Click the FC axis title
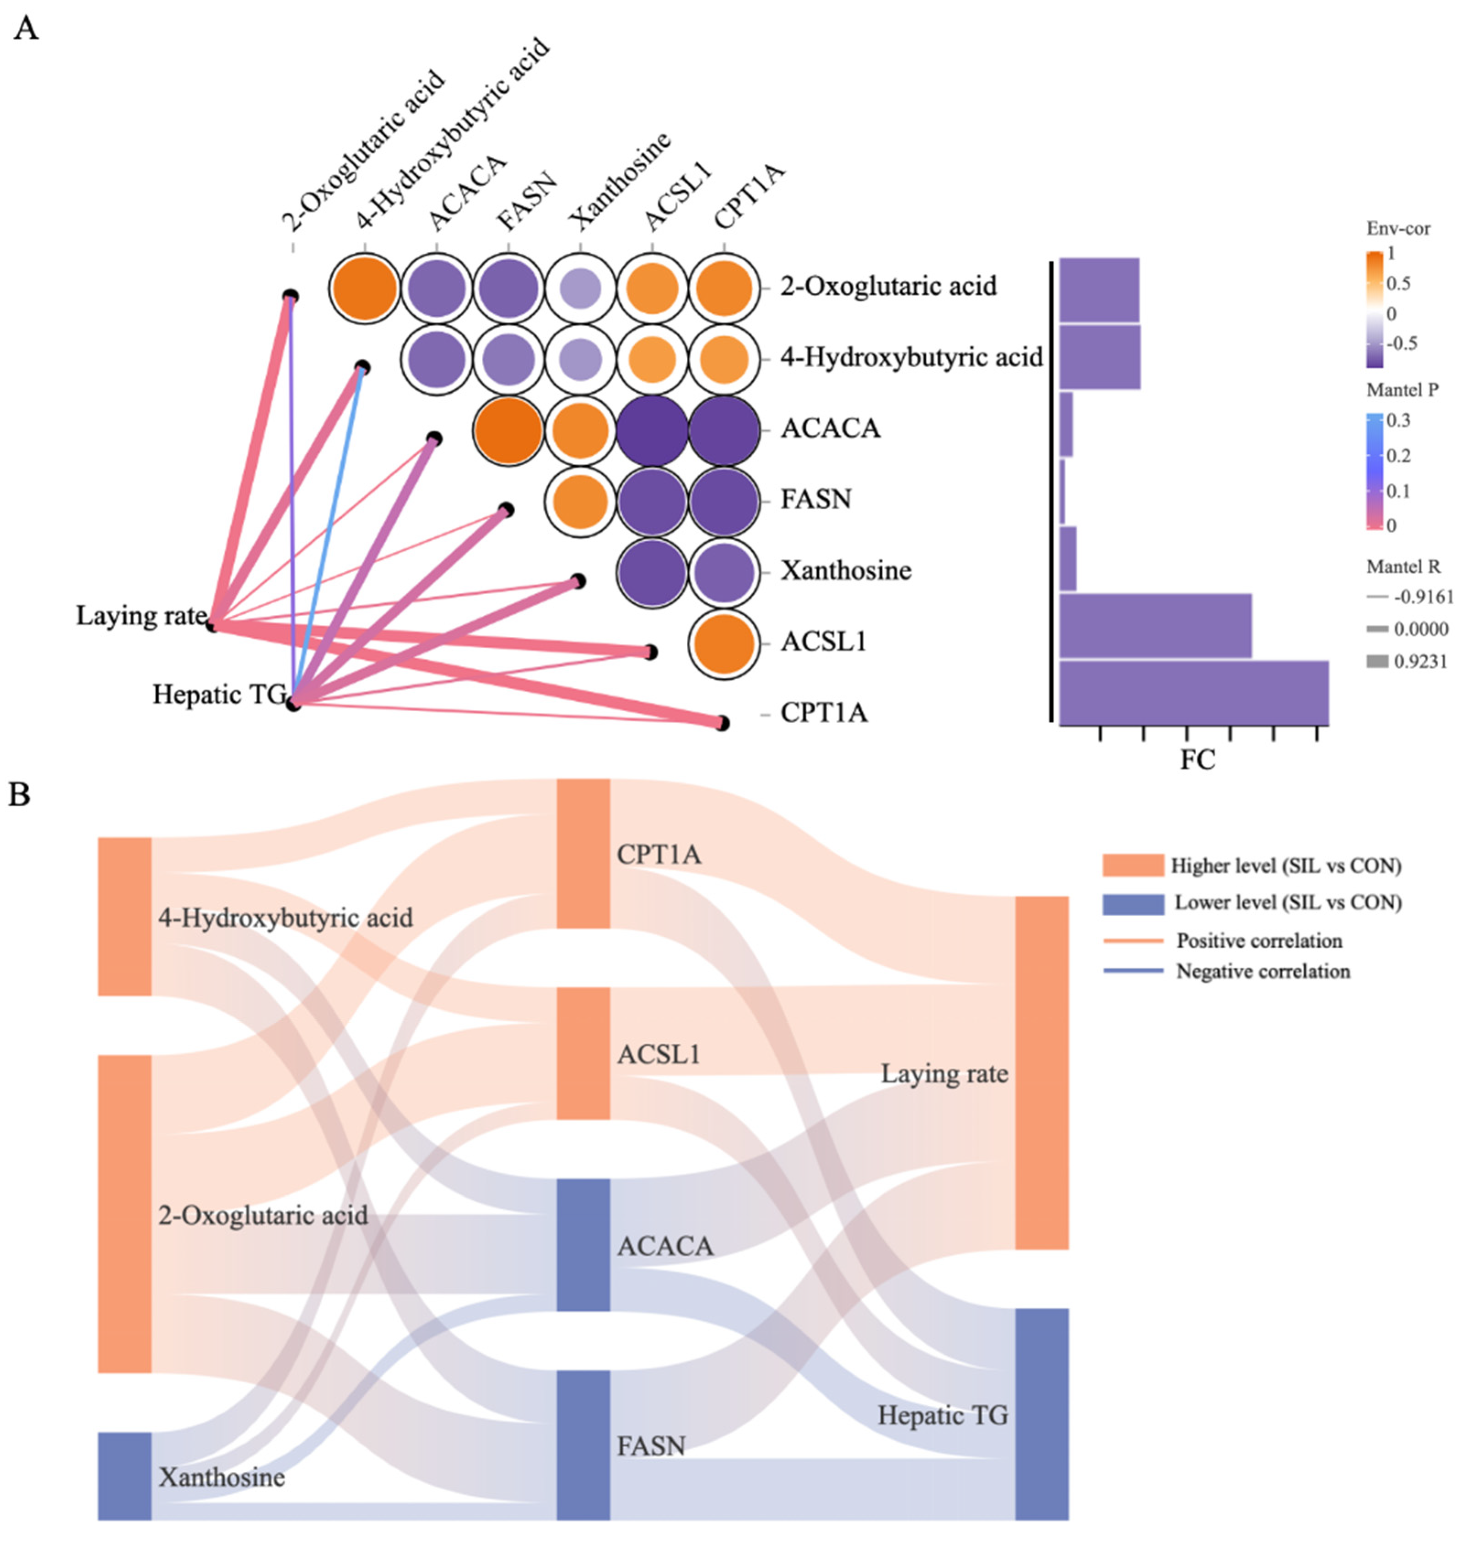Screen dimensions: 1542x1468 coord(1197,759)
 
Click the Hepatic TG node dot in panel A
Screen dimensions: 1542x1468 coord(293,704)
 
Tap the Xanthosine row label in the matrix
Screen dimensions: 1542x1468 coord(845,570)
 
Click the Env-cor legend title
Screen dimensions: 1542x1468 coord(1398,228)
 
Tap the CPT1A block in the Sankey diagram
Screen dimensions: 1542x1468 coord(583,854)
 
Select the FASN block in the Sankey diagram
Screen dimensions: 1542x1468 coord(583,1444)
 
